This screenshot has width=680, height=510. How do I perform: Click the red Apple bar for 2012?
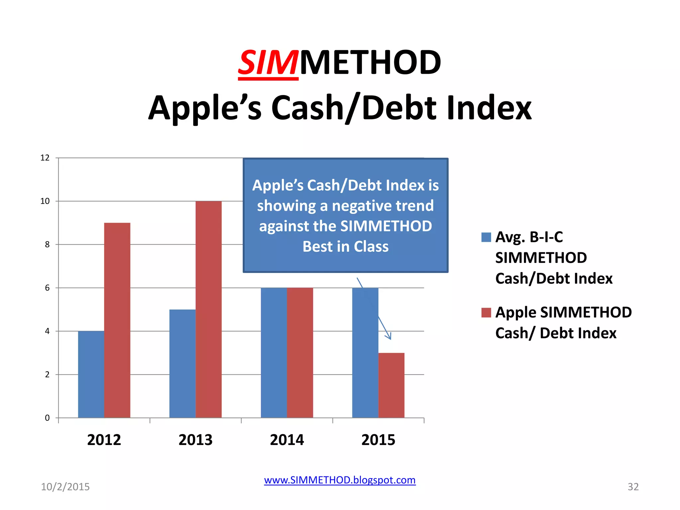click(117, 320)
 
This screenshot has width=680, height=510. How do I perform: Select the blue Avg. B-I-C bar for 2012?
click(91, 374)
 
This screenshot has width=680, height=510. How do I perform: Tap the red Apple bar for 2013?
click(209, 309)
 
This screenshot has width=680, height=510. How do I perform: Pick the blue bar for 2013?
click(182, 364)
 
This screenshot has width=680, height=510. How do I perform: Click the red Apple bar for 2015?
click(391, 385)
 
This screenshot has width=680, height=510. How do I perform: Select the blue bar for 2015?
click(365, 353)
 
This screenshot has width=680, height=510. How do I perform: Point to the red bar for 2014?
click(300, 353)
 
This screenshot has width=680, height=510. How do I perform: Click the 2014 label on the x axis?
click(287, 440)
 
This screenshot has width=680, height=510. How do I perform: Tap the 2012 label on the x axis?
click(104, 440)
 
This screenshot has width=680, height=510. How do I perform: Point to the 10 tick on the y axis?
click(45, 201)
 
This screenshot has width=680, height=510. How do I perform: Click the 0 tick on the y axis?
click(47, 418)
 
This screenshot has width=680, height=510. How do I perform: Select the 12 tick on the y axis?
click(45, 158)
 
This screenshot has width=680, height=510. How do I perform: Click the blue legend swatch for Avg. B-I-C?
click(486, 237)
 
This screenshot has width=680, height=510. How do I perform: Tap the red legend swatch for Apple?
click(486, 313)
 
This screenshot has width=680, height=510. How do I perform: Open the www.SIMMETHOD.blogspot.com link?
click(340, 480)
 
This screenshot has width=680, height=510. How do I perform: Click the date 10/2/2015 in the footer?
click(65, 487)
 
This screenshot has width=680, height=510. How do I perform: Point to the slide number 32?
click(633, 487)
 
